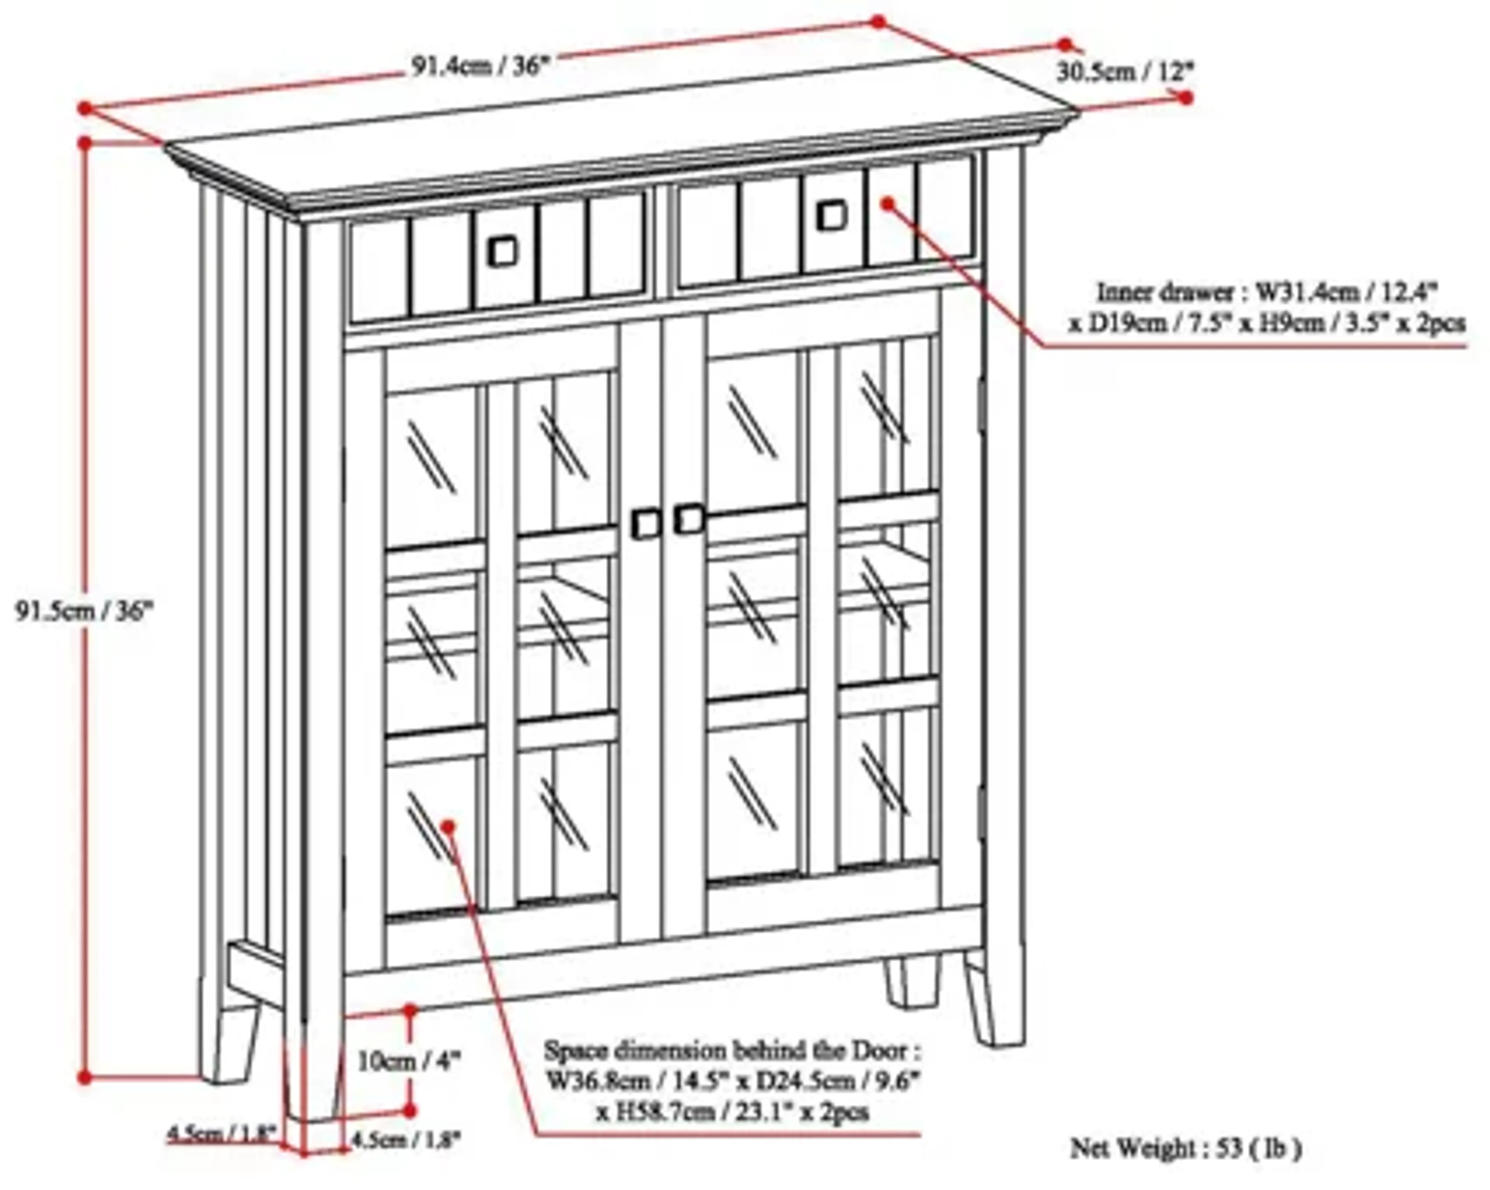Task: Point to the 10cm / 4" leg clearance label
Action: [x=408, y=1061]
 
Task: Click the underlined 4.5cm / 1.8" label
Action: [x=221, y=1133]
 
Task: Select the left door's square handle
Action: [x=646, y=524]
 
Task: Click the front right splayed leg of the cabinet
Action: [x=993, y=1002]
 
